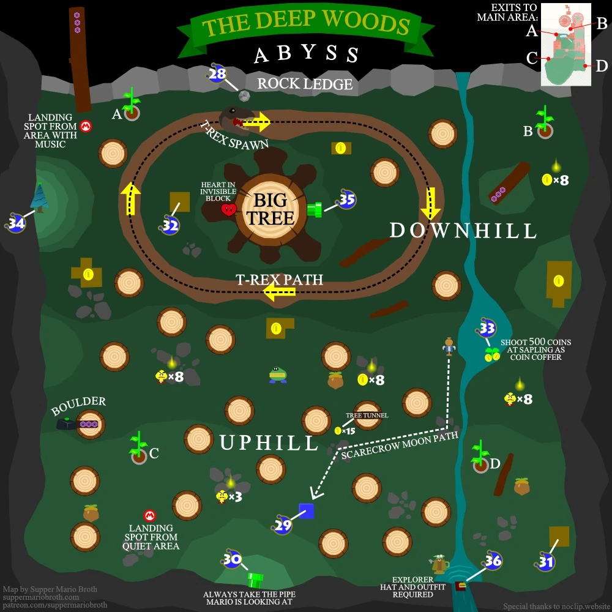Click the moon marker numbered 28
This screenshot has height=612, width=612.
click(x=217, y=74)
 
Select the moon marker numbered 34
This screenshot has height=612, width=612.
click(x=16, y=223)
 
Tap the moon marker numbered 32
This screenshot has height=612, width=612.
click(x=171, y=225)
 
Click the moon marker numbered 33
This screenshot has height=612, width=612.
click(x=487, y=329)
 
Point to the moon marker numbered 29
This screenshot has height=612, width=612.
click(x=282, y=524)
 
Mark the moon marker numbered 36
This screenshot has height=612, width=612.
click(x=493, y=561)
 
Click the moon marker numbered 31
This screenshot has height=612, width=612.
click(x=546, y=562)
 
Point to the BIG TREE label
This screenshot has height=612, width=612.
click(x=270, y=209)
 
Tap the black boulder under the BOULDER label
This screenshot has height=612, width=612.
click(x=66, y=423)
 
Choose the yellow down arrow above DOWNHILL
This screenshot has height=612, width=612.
click(x=431, y=203)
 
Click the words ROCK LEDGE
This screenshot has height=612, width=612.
click(x=305, y=84)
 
